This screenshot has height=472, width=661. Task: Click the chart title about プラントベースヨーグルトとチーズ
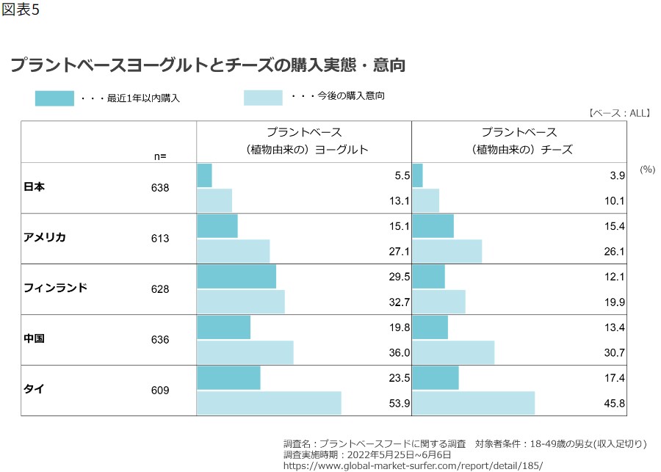click(208, 65)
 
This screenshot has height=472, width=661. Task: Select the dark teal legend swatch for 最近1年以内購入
click(54, 98)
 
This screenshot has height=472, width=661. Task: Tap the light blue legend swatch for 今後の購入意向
click(263, 98)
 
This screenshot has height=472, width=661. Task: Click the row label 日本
click(35, 187)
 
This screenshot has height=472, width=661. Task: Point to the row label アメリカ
click(45, 238)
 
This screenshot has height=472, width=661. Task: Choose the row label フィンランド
click(55, 288)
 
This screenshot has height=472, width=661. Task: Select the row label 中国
click(35, 339)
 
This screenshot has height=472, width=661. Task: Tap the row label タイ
click(34, 390)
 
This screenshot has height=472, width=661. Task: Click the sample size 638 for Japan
click(159, 188)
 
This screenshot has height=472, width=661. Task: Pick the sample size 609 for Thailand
click(159, 391)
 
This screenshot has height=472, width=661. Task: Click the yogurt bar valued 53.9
click(269, 403)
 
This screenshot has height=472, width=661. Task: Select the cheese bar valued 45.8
click(474, 403)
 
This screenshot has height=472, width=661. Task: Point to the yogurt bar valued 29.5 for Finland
click(236, 276)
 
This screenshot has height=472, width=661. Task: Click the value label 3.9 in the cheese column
click(617, 175)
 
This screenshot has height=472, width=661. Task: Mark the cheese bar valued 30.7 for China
click(453, 352)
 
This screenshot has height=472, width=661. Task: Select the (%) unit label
click(647, 169)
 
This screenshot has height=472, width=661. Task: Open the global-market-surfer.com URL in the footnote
click(412, 465)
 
